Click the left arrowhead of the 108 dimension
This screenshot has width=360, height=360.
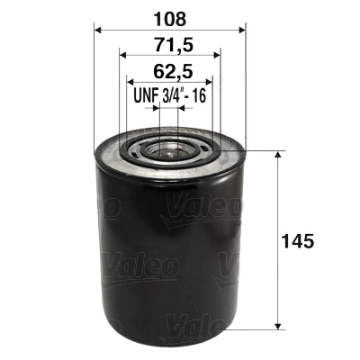coord(98,29)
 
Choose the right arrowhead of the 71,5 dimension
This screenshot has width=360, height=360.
coord(215,55)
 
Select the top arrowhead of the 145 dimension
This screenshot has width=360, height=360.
coord(277,156)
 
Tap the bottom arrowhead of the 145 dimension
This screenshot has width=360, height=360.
coord(277,326)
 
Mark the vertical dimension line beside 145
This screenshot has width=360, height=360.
coord(277,207)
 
